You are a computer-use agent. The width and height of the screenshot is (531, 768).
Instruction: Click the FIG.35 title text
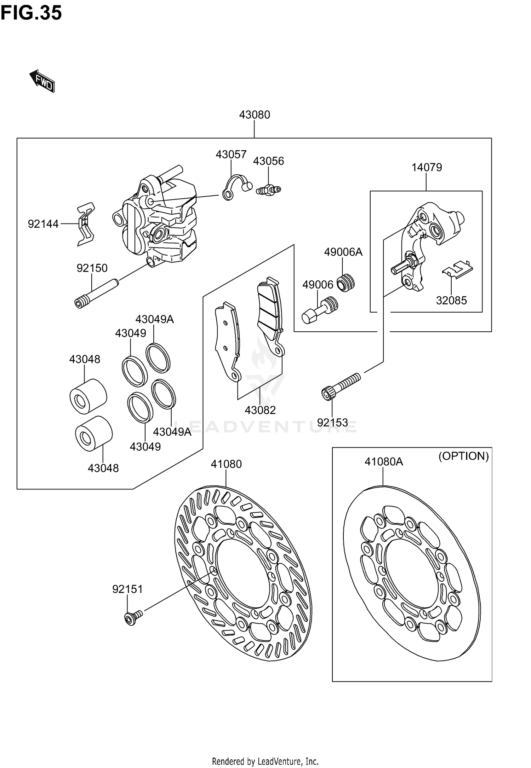(31, 13)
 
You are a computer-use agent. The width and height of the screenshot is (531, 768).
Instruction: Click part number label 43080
(254, 115)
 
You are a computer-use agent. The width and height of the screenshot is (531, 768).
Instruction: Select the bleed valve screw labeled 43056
(268, 190)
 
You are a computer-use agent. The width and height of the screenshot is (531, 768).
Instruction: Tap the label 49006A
(343, 252)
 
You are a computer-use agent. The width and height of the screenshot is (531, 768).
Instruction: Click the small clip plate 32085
(457, 269)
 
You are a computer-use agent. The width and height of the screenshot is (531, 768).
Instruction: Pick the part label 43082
(260, 410)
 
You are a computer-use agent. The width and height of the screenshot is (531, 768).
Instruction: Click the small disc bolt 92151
(133, 617)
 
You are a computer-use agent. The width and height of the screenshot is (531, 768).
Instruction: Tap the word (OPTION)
(463, 456)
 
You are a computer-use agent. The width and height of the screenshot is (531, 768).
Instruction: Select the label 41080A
(384, 461)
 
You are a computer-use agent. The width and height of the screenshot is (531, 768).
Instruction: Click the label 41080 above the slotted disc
(226, 464)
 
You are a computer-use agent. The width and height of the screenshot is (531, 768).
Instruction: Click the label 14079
(426, 167)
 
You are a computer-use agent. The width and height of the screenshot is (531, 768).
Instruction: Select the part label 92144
(43, 224)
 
